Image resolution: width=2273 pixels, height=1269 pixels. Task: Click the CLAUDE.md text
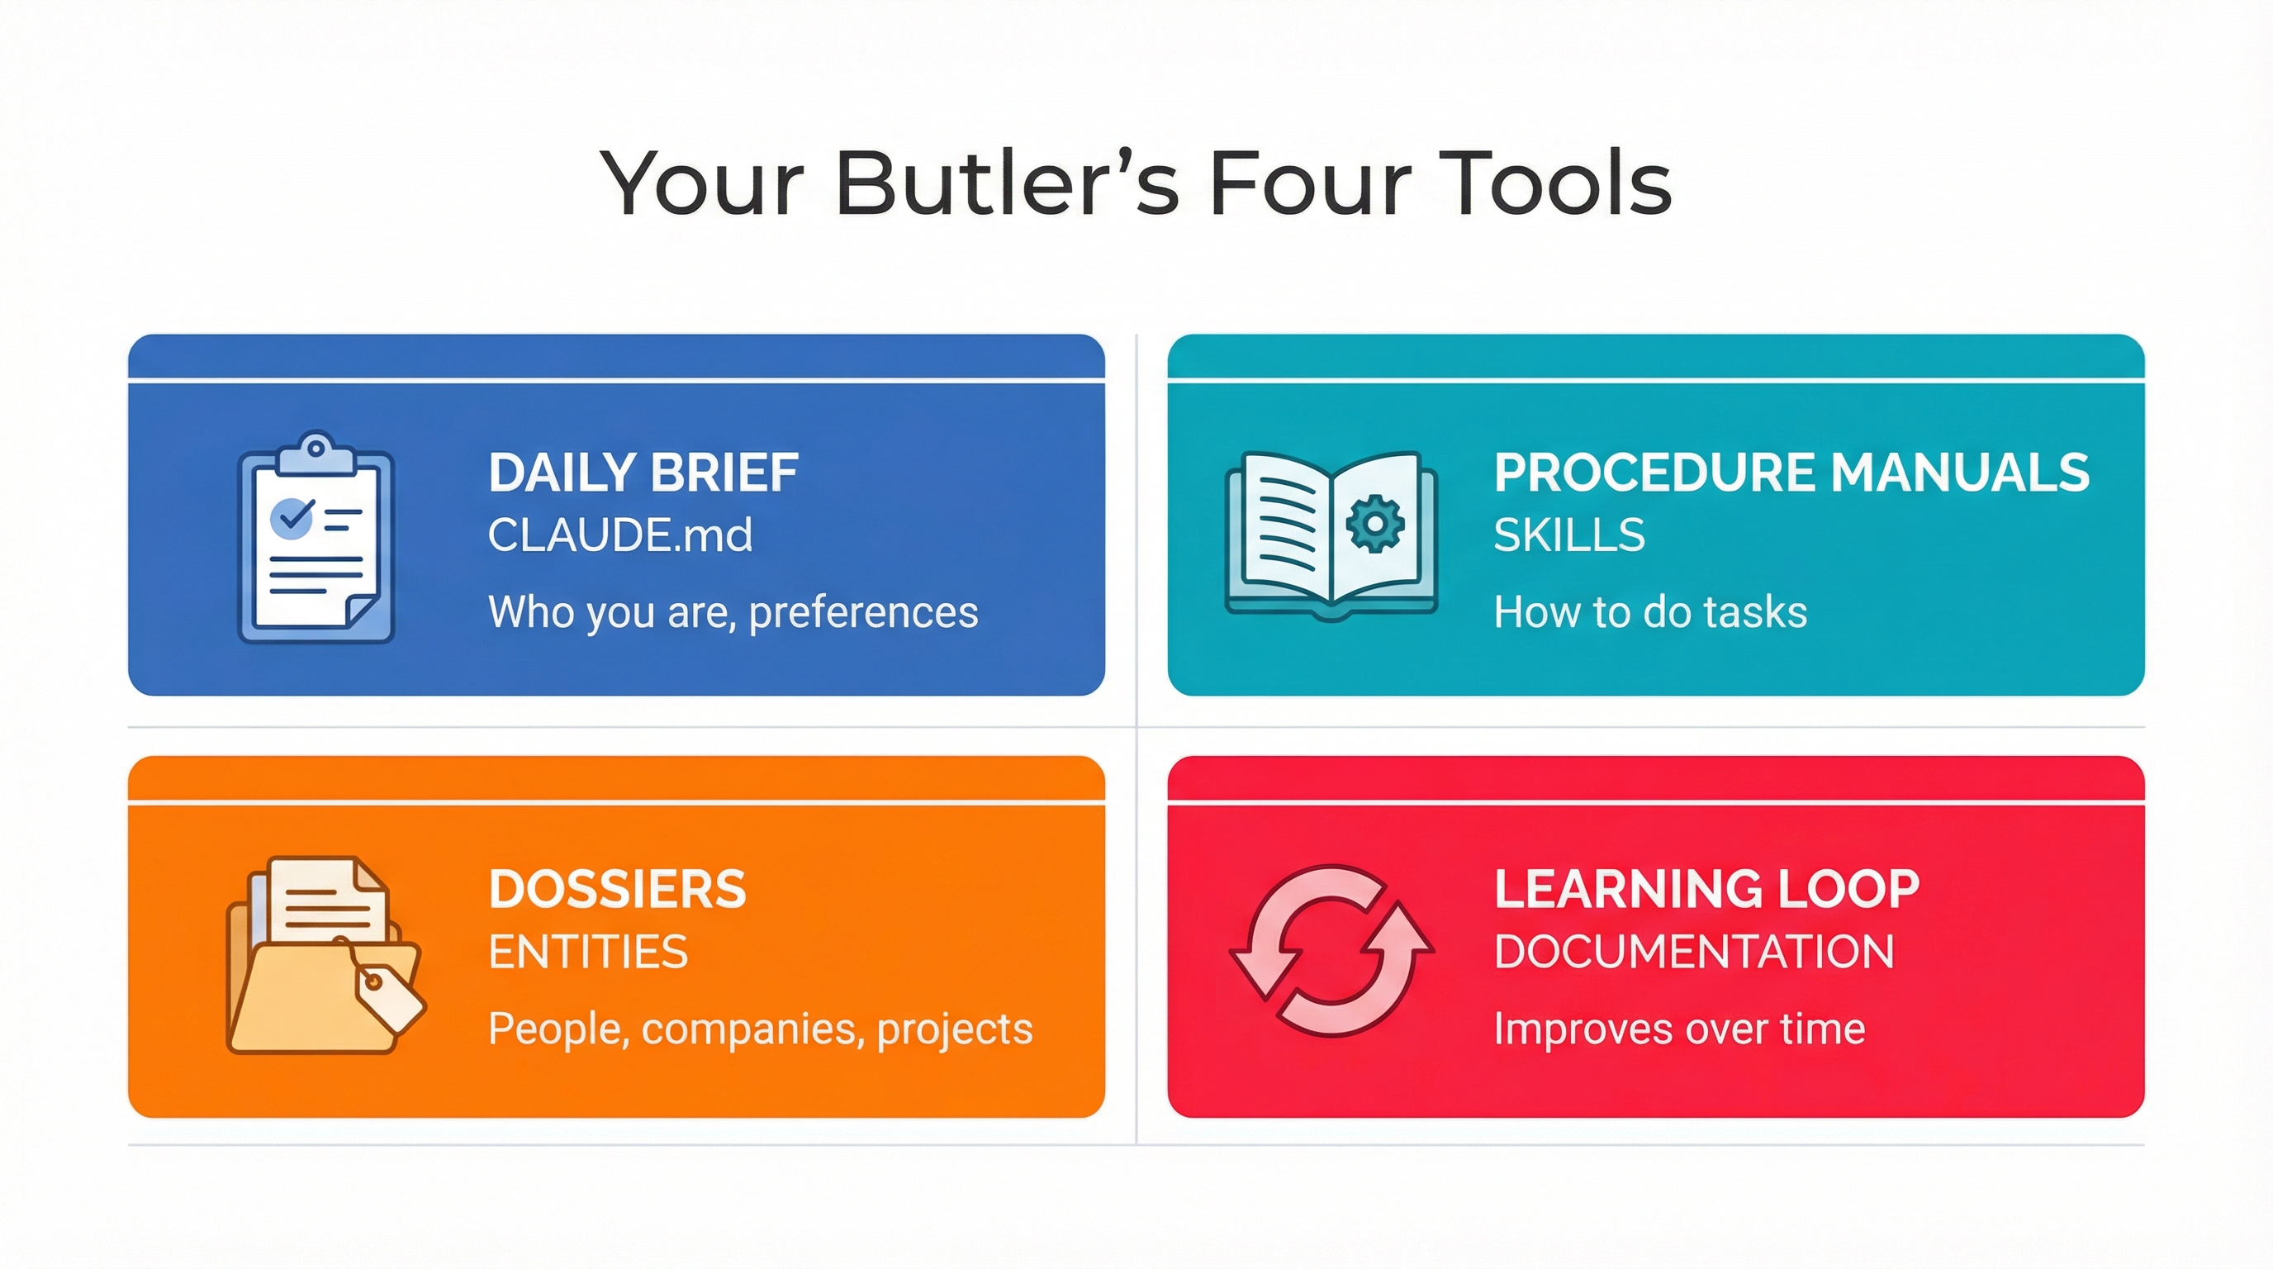click(x=620, y=535)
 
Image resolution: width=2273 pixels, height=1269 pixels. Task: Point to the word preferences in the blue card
click(x=863, y=612)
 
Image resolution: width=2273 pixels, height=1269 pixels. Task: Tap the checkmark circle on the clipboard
click(x=292, y=518)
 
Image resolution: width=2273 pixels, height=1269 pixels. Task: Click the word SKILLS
click(x=1570, y=535)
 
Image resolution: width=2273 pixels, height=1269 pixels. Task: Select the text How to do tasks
click(x=1650, y=612)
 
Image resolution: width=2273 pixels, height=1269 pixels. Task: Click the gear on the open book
click(x=1374, y=524)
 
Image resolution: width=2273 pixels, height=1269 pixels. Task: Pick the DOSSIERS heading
click(x=618, y=889)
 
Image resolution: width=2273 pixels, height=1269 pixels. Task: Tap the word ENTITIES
click(x=589, y=951)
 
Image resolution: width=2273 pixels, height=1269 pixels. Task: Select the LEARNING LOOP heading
click(x=1706, y=889)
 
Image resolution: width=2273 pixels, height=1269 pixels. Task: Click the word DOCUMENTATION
click(x=1694, y=951)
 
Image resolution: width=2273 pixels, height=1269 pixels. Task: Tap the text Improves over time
click(x=1679, y=1029)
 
